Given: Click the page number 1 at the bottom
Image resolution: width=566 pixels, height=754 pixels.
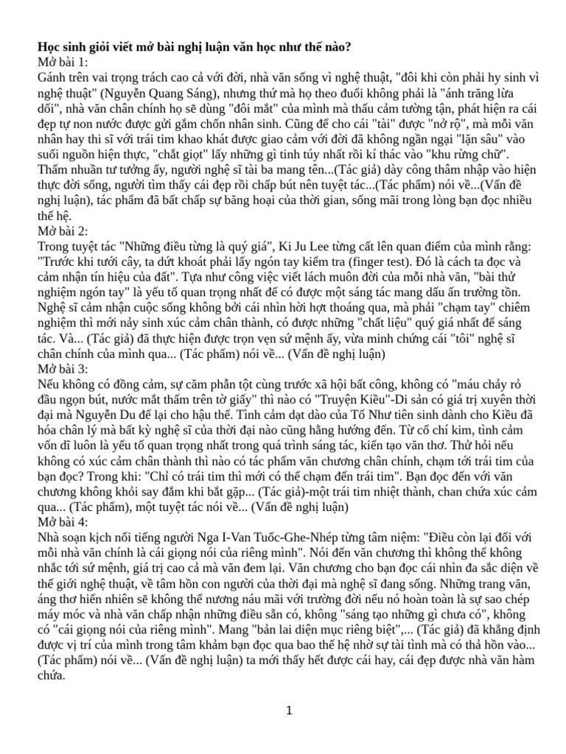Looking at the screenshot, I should coord(290,711).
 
